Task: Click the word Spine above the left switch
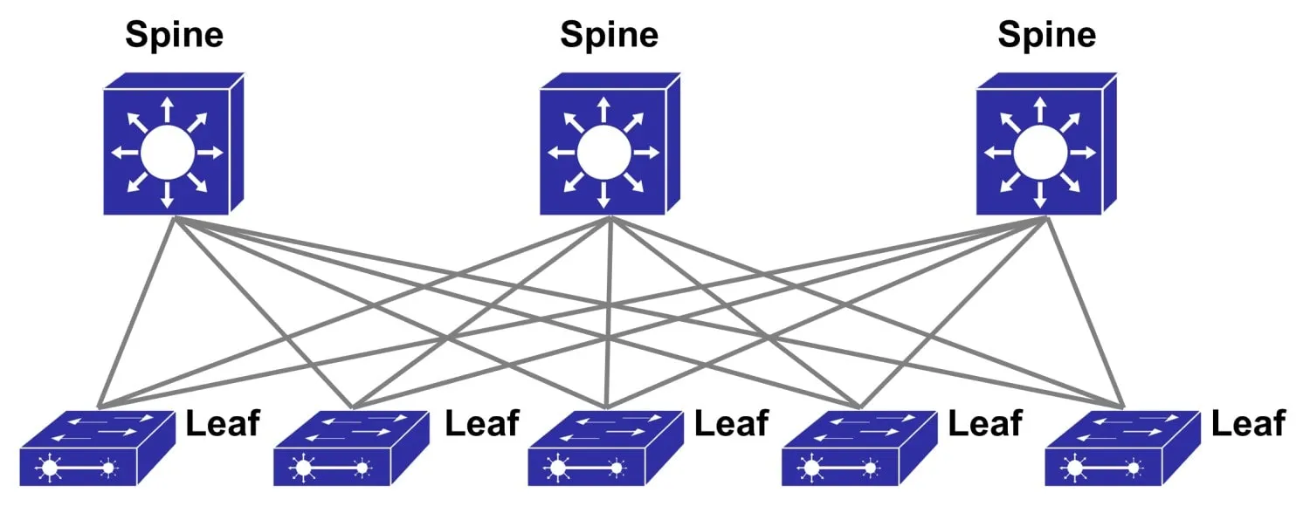tap(174, 35)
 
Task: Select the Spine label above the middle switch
tap(609, 35)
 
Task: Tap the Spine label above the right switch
tap(1046, 35)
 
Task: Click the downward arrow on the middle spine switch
tap(603, 195)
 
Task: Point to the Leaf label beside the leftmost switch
tap(223, 423)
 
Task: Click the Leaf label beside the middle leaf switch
tap(731, 423)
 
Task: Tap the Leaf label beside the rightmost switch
tap(1248, 423)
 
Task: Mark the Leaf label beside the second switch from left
tap(482, 423)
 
